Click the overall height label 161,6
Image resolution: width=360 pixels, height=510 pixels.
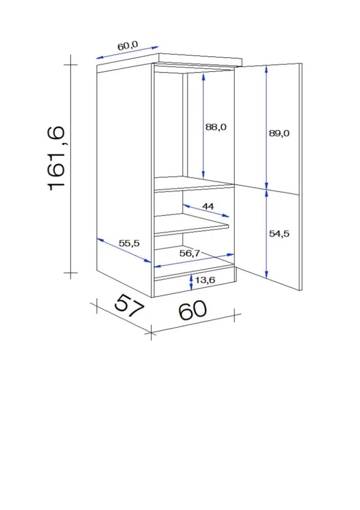point(57,159)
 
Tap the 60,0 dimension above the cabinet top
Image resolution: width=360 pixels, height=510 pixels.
point(128,45)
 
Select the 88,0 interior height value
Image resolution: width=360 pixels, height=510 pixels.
point(216,127)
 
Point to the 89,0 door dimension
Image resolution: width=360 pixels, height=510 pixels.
point(279,133)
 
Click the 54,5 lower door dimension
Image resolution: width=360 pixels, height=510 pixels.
point(279,234)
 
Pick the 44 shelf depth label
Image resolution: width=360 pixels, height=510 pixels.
point(208,206)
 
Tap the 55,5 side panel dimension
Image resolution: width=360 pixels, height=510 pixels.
point(129,243)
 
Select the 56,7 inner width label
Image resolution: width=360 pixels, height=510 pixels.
point(190,253)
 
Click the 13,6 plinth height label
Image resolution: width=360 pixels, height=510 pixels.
point(205,280)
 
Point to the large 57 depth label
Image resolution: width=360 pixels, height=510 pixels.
point(129,305)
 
